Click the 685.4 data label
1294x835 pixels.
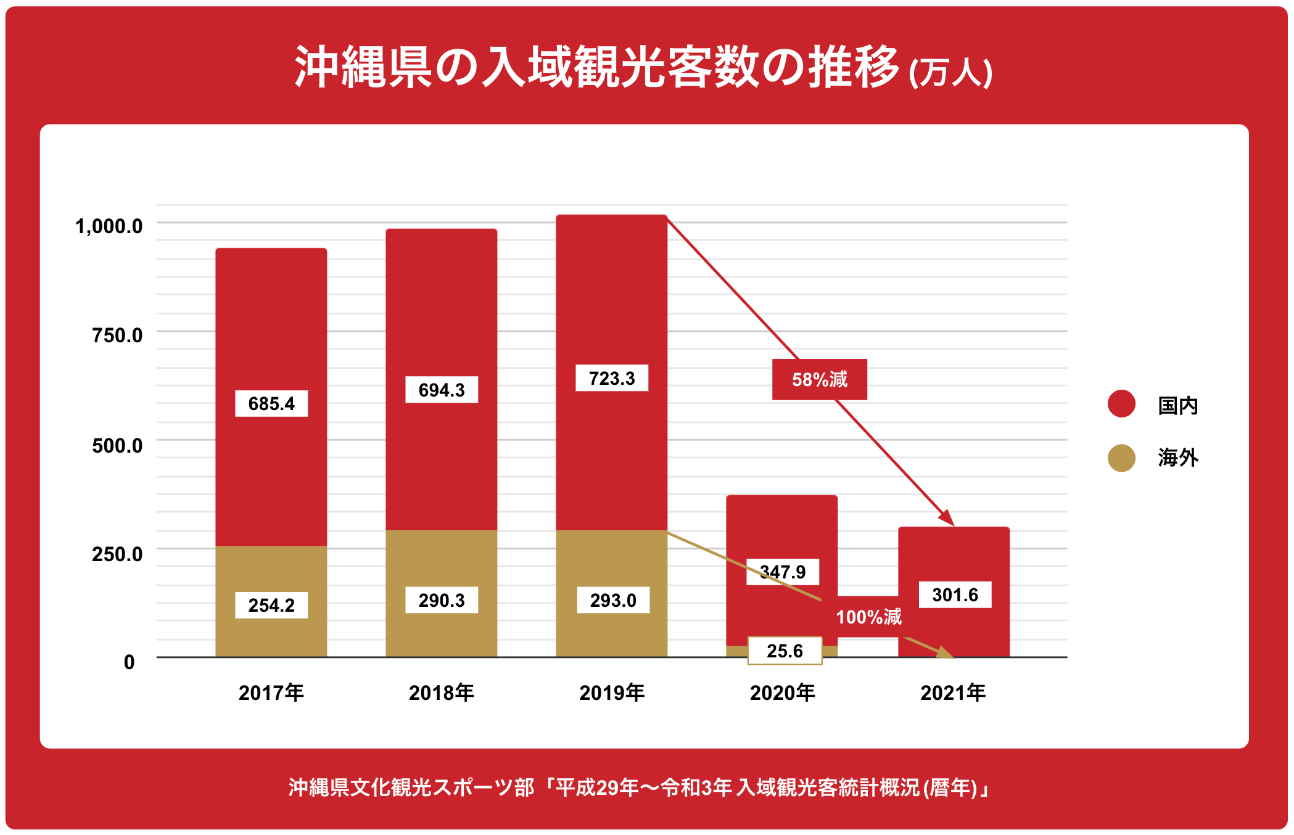(x=271, y=403)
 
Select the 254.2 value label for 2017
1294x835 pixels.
(x=271, y=605)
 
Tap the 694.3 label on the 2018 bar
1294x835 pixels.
(x=442, y=390)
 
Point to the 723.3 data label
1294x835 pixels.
(x=612, y=378)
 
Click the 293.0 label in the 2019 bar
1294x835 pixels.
(x=613, y=600)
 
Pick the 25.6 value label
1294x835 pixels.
(x=785, y=651)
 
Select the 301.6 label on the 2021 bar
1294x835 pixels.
(x=955, y=594)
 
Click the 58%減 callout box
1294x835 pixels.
(x=820, y=379)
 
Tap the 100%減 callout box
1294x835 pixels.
(x=868, y=617)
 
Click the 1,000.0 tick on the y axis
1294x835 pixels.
(x=109, y=226)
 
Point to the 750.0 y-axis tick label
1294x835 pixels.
(x=117, y=335)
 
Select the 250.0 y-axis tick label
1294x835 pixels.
(x=117, y=554)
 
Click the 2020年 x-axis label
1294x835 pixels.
(x=782, y=693)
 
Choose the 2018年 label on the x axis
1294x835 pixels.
(x=442, y=693)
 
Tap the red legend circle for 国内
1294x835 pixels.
(x=1121, y=404)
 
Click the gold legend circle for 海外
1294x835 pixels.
(x=1121, y=458)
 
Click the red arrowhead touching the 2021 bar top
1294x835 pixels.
(x=947, y=517)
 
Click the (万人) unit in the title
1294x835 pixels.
(x=950, y=73)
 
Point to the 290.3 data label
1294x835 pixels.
(x=442, y=600)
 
